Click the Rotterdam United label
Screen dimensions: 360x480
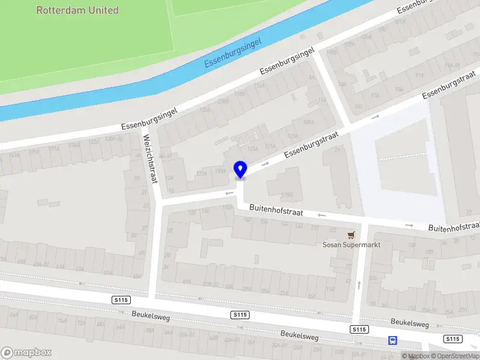click(77, 10)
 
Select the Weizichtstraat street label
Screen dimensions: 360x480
click(149, 158)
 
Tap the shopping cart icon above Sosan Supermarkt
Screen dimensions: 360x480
click(351, 235)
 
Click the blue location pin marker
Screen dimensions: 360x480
click(241, 169)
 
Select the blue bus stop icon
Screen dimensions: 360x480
click(393, 340)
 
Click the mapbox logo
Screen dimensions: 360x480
click(26, 352)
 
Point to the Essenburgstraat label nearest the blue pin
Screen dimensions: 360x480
click(311, 145)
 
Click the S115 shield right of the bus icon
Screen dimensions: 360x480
click(452, 339)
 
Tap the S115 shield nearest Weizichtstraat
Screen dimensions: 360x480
click(121, 299)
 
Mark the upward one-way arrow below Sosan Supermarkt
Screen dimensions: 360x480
click(359, 284)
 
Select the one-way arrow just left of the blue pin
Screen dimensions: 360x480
click(229, 193)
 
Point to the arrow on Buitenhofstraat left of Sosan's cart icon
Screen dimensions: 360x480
click(322, 215)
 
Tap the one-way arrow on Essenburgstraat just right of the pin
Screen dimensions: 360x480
click(265, 163)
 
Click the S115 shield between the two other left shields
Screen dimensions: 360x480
click(240, 314)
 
